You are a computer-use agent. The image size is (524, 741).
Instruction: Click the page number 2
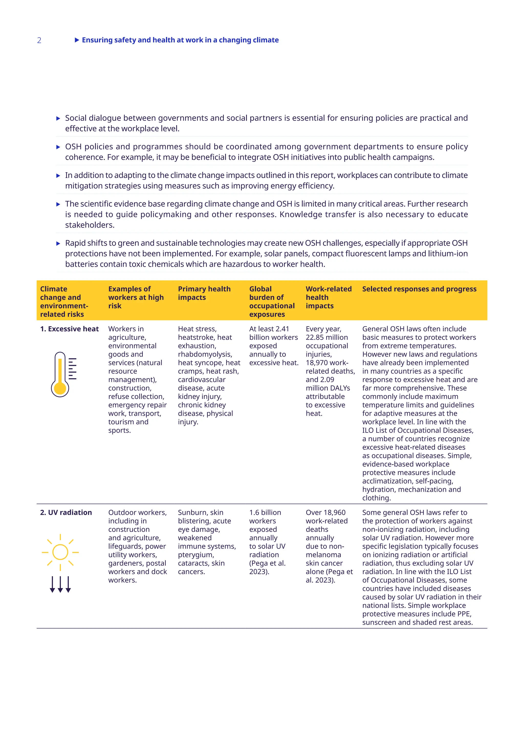pyautogui.click(x=39, y=40)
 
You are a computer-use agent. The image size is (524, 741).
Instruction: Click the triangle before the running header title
pyautogui.click(x=77, y=40)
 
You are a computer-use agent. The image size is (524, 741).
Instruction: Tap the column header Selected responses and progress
pyautogui.click(x=419, y=289)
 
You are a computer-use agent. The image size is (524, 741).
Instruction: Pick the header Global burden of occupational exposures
pyautogui.click(x=272, y=301)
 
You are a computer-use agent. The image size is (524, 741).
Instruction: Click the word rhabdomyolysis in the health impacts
pyautogui.click(x=205, y=354)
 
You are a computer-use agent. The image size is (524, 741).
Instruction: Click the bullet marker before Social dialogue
pyautogui.click(x=58, y=118)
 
